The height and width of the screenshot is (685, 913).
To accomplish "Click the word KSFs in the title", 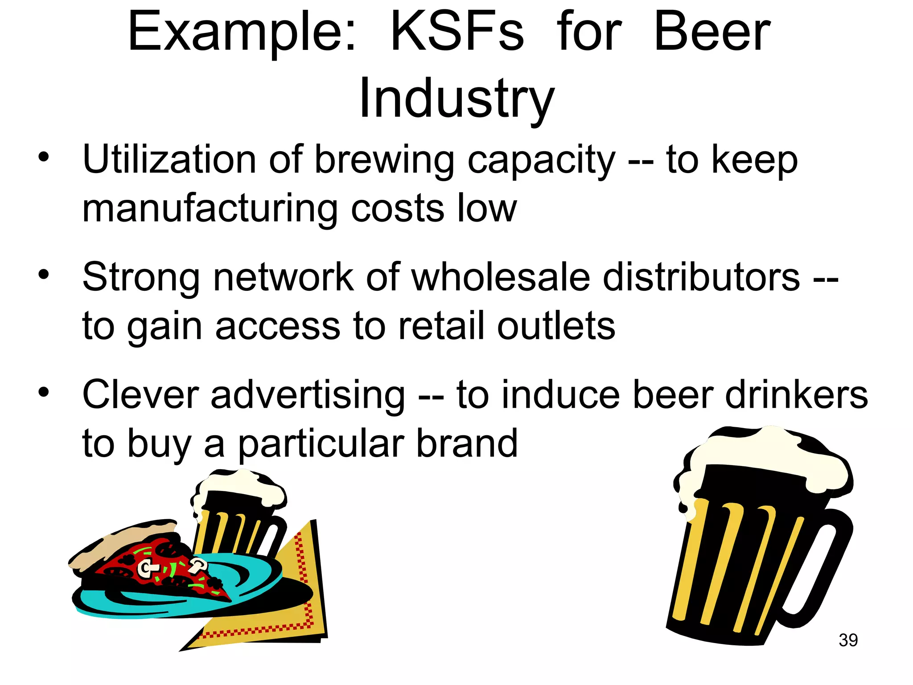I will (x=456, y=32).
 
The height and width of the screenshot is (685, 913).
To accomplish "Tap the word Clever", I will (x=140, y=395).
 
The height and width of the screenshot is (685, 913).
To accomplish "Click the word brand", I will (x=466, y=443).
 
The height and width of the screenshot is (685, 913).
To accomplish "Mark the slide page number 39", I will (x=848, y=640).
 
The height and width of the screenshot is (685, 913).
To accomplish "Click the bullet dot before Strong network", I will (x=43, y=274).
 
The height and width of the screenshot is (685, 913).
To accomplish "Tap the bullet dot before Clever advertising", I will (x=43, y=392).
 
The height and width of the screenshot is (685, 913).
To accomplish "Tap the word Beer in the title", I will (x=712, y=32).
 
